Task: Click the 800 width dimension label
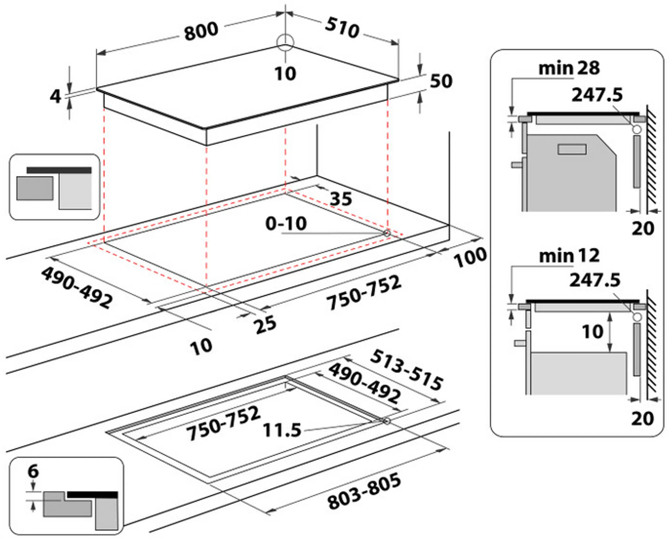[x=201, y=31]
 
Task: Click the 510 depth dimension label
[x=342, y=28]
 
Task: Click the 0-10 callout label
[x=286, y=223]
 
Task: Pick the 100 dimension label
[x=470, y=257]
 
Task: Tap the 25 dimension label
[x=265, y=324]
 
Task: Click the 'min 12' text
[x=569, y=256]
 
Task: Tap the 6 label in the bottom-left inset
[x=33, y=471]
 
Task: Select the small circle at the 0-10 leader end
[x=387, y=233]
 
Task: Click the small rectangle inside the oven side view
[x=572, y=149]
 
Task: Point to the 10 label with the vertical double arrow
[x=592, y=331]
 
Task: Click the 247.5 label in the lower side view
[x=595, y=280]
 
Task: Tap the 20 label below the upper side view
[x=643, y=229]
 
